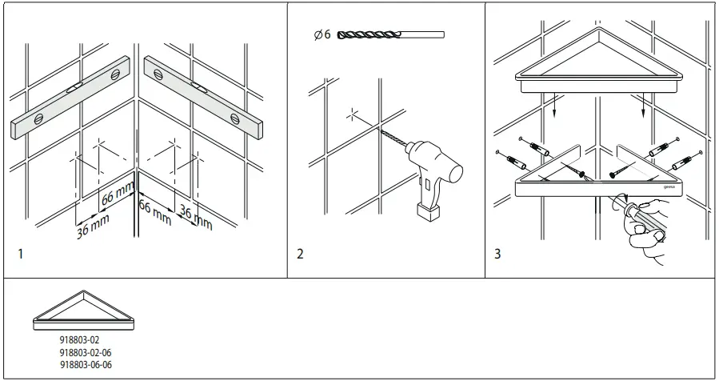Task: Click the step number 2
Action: click(300, 255)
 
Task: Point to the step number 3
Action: click(497, 255)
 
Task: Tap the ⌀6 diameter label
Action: click(322, 35)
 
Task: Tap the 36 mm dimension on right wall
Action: click(194, 217)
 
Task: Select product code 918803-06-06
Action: click(86, 364)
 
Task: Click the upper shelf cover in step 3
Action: click(599, 60)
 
